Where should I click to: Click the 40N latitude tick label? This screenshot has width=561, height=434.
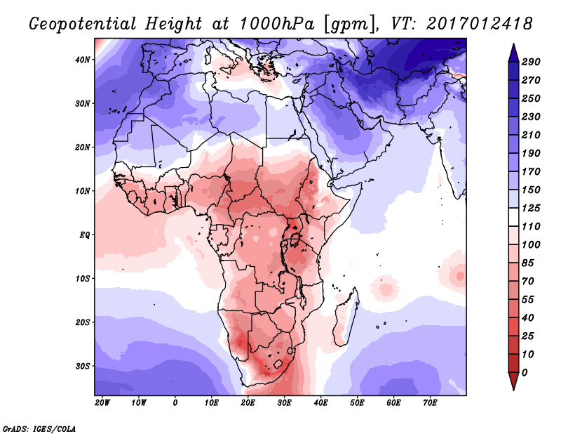[83, 60]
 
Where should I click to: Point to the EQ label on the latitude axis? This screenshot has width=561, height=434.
[85, 235]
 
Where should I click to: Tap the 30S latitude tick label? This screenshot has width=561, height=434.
[83, 366]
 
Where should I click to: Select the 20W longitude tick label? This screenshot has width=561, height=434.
[102, 403]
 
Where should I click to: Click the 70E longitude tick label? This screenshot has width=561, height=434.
[431, 403]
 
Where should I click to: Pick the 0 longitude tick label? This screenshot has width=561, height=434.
[175, 403]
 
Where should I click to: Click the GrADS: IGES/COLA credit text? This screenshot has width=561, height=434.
[39, 428]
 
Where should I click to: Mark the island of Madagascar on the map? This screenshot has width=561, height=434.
[349, 303]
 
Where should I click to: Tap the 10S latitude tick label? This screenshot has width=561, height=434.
[83, 279]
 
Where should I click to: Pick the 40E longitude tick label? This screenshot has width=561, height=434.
[321, 403]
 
